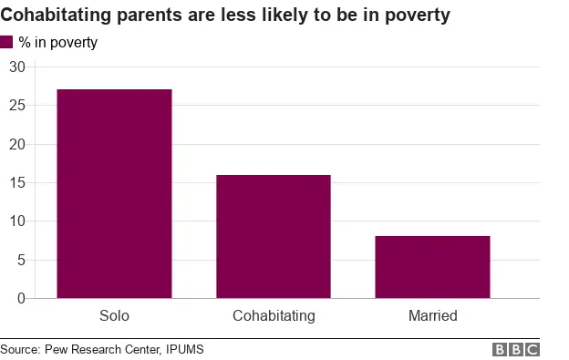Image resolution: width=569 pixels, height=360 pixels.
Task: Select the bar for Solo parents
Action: (114, 193)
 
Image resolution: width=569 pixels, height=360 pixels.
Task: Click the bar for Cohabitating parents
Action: (274, 236)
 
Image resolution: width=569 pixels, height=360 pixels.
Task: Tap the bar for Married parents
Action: (432, 267)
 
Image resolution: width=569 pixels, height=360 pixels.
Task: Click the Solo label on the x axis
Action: (114, 316)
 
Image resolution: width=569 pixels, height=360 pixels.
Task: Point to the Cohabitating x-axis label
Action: (274, 316)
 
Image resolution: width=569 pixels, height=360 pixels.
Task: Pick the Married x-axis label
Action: (432, 316)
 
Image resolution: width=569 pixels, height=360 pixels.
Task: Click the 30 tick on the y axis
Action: (17, 67)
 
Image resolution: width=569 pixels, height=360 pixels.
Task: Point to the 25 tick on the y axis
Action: (17, 106)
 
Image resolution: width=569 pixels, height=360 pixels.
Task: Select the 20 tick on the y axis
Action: (17, 144)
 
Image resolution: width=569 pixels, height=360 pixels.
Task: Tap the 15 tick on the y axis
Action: (17, 183)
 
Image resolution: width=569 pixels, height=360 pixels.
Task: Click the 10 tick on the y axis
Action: (17, 221)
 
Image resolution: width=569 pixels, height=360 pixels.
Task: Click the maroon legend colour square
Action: (7, 42)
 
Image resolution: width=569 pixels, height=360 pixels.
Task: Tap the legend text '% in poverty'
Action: (57, 42)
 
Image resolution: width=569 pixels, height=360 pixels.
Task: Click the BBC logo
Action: (516, 349)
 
